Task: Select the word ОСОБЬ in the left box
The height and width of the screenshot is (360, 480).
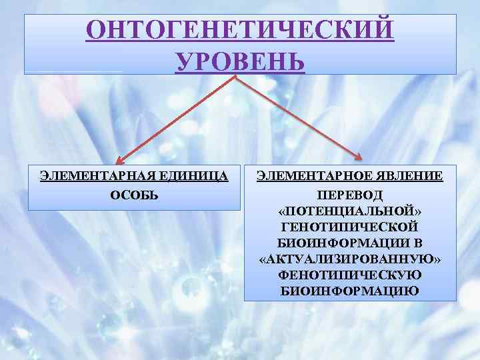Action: [x=134, y=194]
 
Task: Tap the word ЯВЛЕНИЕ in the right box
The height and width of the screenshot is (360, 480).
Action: [x=405, y=177]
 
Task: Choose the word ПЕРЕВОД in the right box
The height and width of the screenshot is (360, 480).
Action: [x=351, y=195]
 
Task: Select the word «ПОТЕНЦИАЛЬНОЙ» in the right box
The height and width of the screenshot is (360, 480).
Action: [x=351, y=211]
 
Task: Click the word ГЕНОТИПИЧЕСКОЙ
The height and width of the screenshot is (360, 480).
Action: [x=351, y=227]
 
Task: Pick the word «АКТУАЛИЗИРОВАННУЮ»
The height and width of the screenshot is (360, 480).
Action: [x=351, y=259]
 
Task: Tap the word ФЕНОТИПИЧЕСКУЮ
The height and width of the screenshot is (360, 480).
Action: [x=351, y=275]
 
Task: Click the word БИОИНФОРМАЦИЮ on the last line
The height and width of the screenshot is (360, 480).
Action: [x=351, y=291]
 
